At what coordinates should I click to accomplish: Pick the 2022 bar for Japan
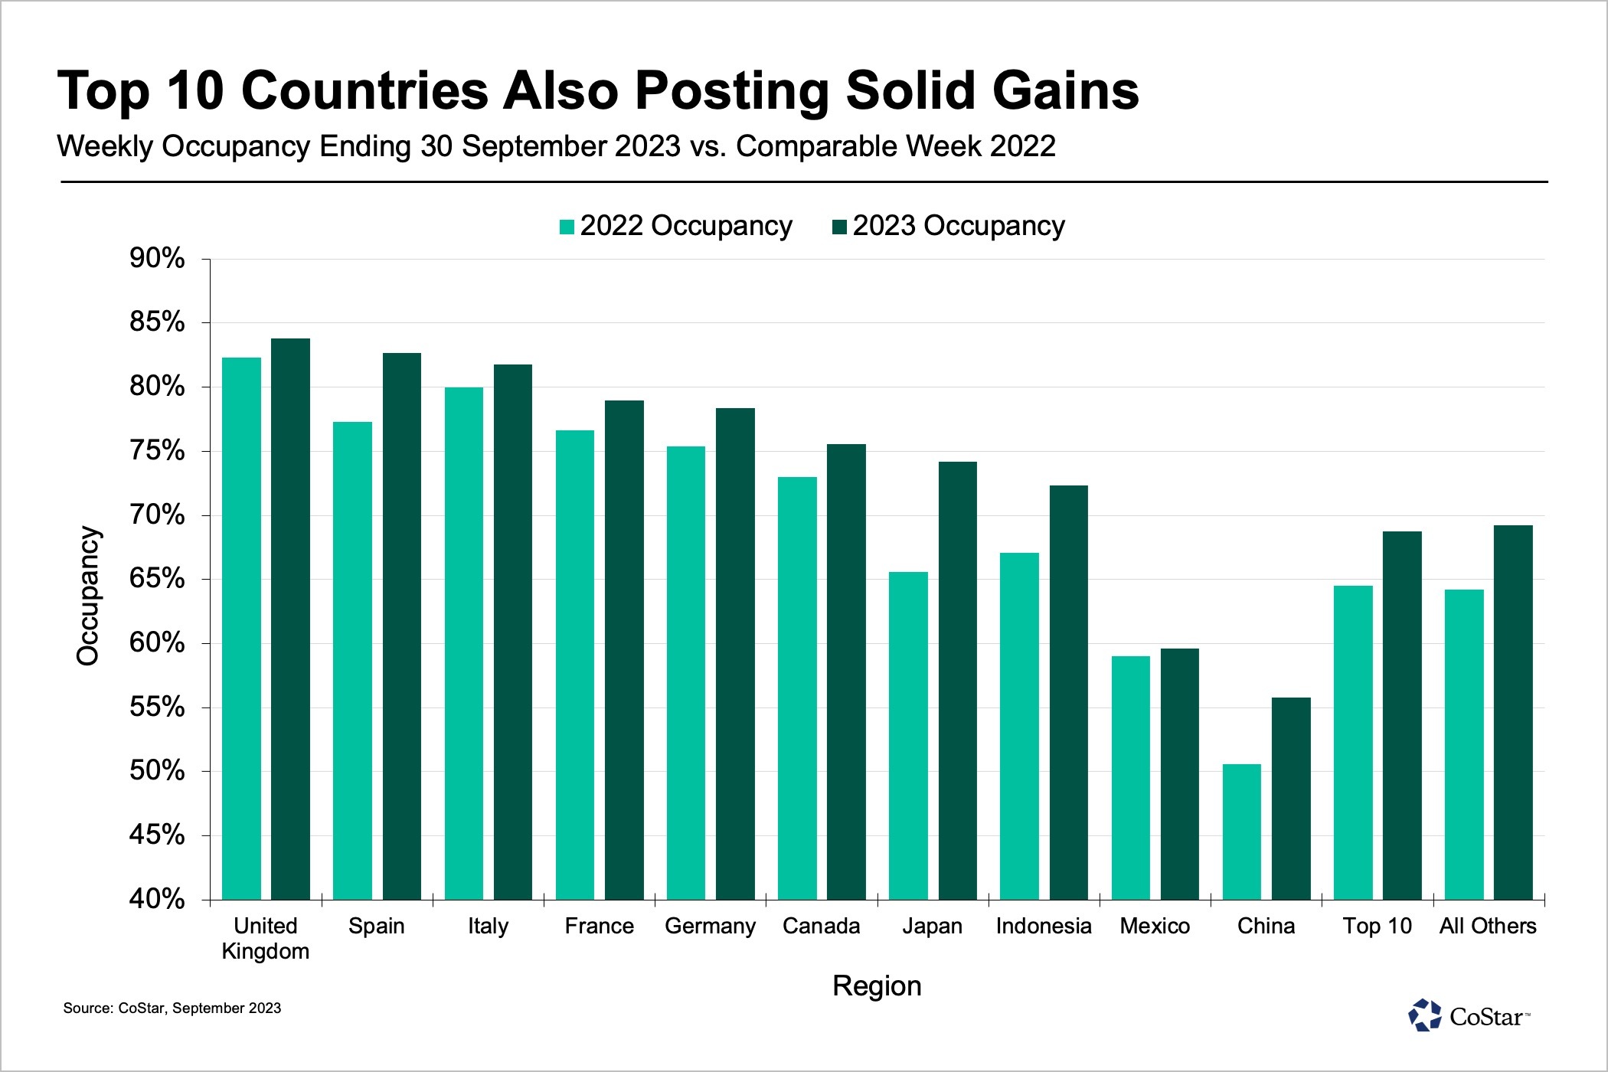(x=908, y=735)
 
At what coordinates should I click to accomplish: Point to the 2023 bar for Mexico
(x=1180, y=773)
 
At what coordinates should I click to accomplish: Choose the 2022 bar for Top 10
(x=1353, y=742)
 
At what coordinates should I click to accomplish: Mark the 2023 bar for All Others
(x=1513, y=712)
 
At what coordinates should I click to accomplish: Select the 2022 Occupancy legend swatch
(x=567, y=227)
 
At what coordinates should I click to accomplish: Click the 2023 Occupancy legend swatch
(x=839, y=227)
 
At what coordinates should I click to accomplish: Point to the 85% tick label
(x=157, y=322)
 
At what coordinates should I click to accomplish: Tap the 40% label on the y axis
(x=157, y=898)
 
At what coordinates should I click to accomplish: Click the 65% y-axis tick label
(x=157, y=578)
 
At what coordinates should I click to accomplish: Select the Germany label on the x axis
(x=710, y=926)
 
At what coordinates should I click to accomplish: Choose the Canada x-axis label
(x=821, y=926)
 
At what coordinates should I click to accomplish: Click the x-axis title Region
(x=877, y=985)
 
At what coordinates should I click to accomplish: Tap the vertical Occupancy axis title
(x=88, y=596)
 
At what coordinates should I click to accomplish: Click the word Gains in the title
(x=1068, y=91)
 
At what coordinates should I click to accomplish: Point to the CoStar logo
(x=1468, y=1016)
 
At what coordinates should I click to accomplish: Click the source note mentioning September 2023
(x=172, y=1008)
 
